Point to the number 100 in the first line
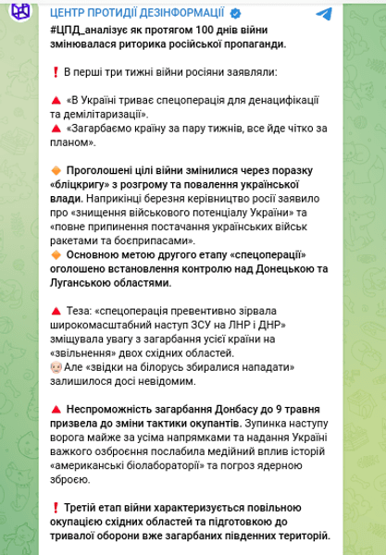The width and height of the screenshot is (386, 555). (x=212, y=31)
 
